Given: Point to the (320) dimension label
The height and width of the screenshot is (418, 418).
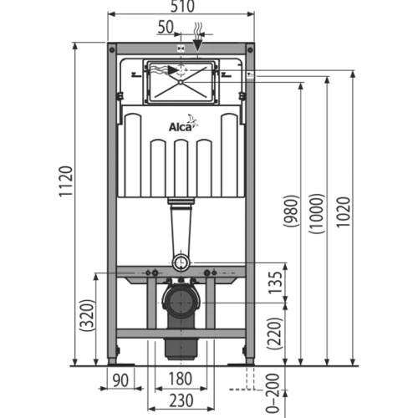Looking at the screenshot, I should pos(86,319).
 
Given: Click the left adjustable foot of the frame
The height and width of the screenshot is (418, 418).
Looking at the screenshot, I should pos(113,359).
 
